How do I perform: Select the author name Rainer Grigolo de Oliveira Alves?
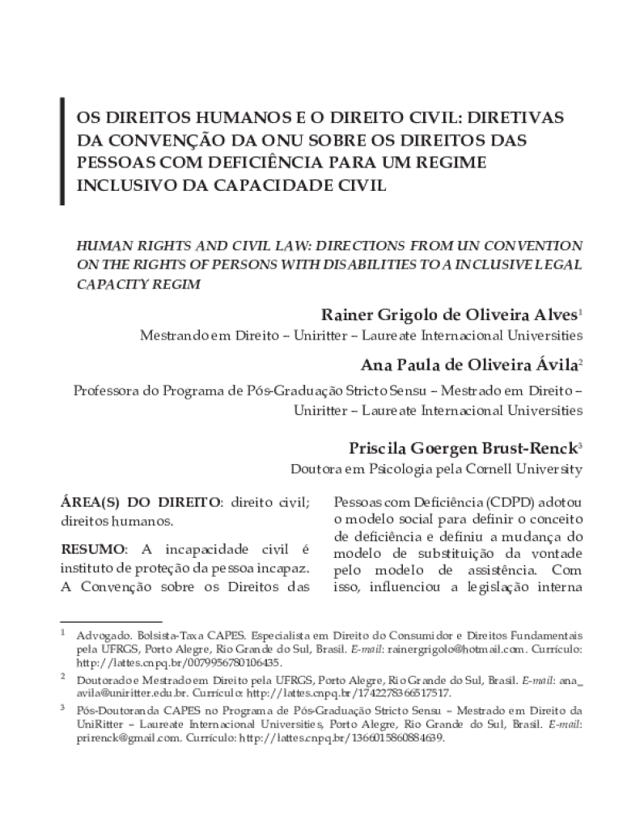449,314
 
